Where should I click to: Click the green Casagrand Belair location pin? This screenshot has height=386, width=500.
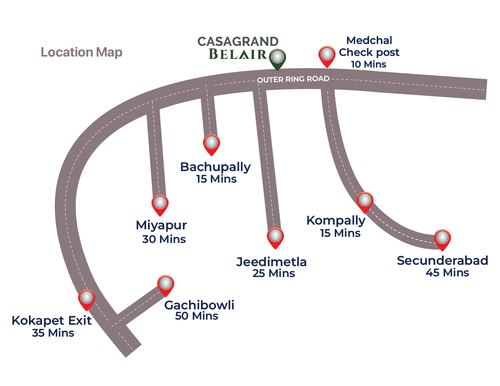point(277,58)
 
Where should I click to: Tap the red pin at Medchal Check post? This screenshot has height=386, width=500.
point(327,56)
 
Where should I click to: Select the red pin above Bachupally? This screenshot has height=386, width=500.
point(211,144)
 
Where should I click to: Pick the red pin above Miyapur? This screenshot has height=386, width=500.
point(160,204)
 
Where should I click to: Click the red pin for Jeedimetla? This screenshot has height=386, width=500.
point(275,237)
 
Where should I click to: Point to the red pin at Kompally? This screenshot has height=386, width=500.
point(365,201)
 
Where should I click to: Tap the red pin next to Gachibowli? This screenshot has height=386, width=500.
point(166,285)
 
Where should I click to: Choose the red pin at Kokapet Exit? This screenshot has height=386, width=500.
point(86,299)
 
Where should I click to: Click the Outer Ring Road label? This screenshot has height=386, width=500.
point(293,79)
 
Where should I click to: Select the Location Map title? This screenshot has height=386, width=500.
point(81,52)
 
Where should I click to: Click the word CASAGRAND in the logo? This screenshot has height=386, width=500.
point(238,42)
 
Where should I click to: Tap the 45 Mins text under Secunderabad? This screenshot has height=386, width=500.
point(447,273)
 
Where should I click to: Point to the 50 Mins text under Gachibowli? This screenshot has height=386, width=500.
point(197,316)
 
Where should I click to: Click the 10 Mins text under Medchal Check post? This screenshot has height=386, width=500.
point(369,64)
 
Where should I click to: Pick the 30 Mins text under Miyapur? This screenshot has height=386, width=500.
point(164,239)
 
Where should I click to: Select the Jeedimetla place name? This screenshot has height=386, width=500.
point(271,262)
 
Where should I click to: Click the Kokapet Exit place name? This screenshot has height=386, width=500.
point(52,321)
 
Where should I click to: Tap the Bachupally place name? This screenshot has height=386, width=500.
point(215,167)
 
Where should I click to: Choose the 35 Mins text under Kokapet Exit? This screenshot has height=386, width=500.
point(53,333)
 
